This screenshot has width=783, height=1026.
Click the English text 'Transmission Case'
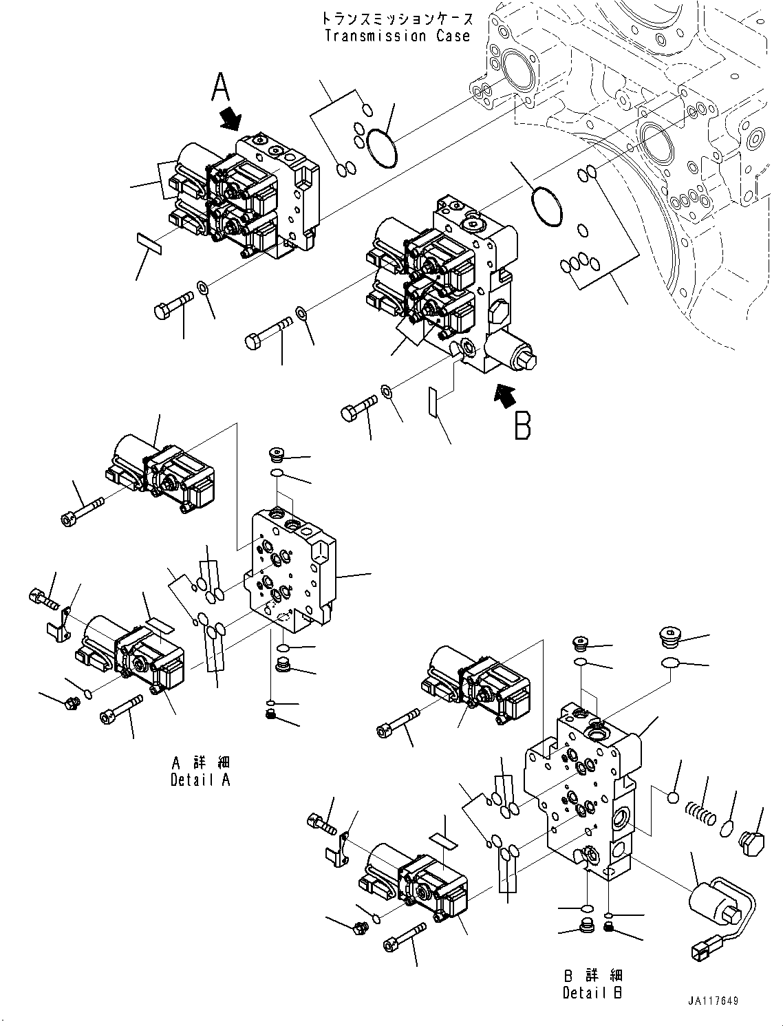(x=397, y=36)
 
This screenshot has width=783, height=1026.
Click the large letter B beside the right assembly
(x=523, y=425)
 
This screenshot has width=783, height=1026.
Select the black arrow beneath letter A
(x=230, y=118)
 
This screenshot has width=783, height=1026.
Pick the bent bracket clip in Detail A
(x=60, y=621)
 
